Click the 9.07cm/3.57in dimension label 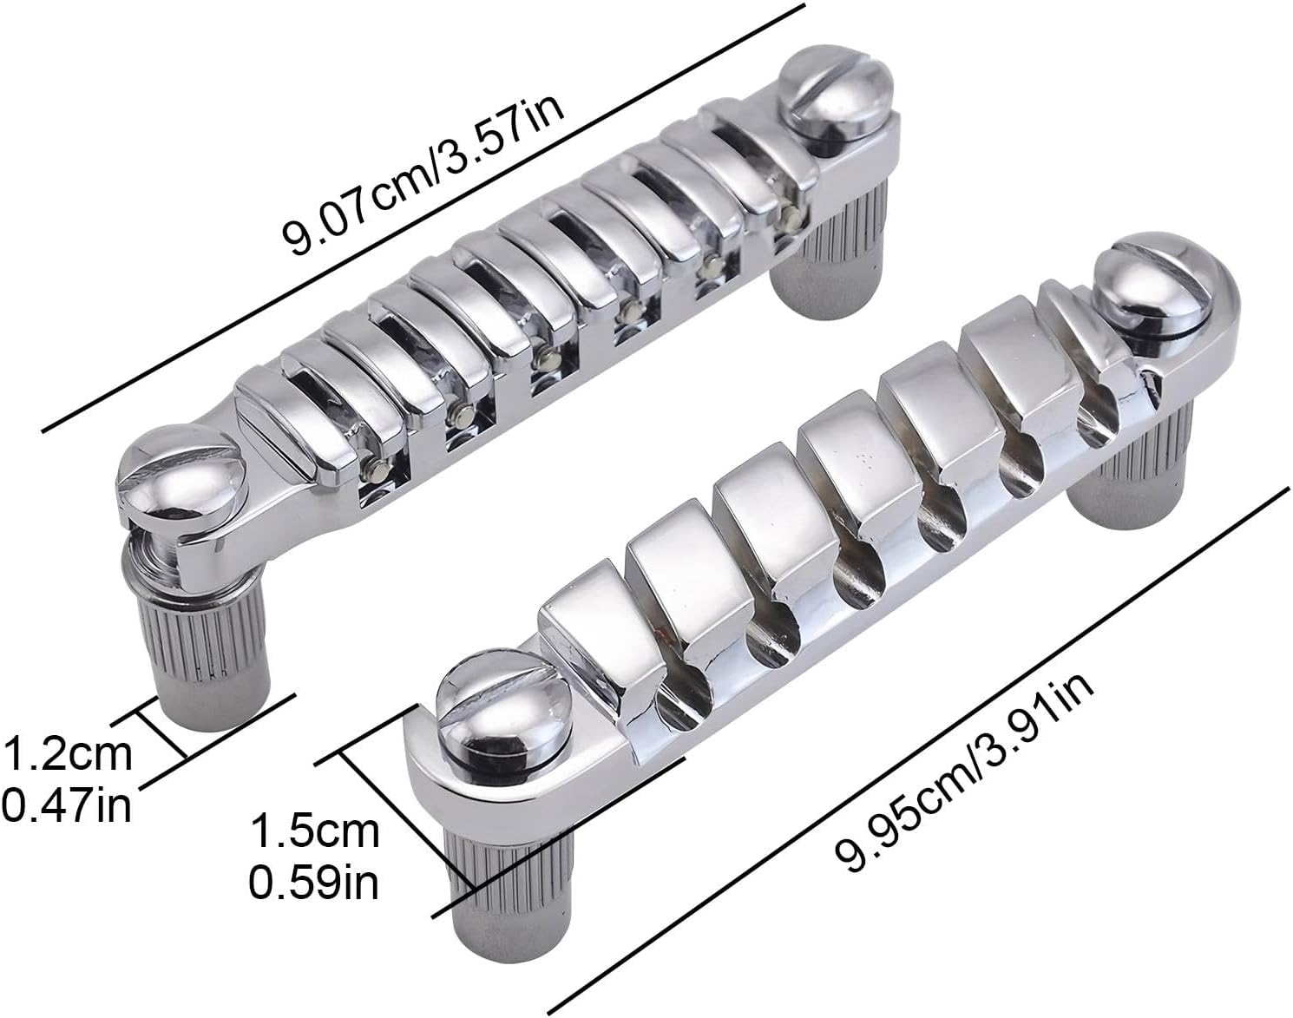(x=423, y=172)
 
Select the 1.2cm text (x=68, y=754)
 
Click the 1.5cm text (x=315, y=831)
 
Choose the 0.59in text (x=314, y=883)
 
